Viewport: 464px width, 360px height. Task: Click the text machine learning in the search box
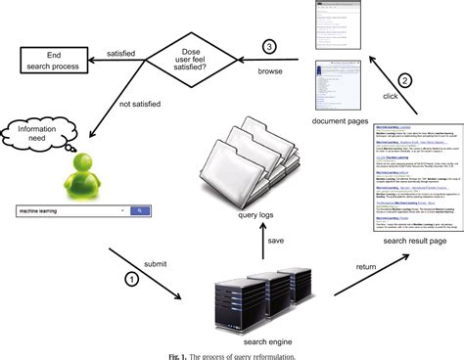(x=46, y=210)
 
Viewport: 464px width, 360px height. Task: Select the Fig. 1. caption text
(x=232, y=353)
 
